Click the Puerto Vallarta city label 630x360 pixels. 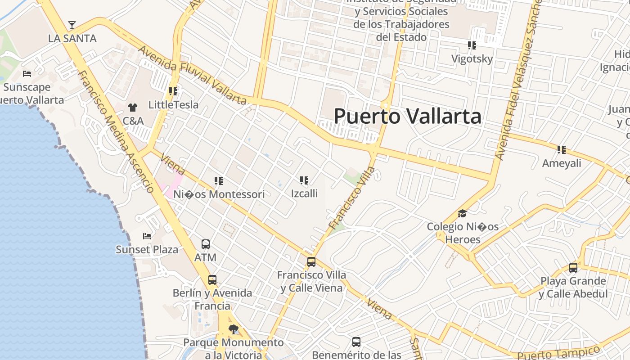coord(407,116)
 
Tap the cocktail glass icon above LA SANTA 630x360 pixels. coord(72,25)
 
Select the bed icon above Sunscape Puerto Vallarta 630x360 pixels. coord(27,73)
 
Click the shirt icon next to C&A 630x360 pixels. coord(132,107)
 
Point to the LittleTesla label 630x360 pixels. coord(173,105)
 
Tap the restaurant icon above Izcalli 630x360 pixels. coord(304,180)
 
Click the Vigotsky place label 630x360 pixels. coord(472,59)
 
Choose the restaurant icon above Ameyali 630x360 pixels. coord(561,149)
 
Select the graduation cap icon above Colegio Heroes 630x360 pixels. coord(462,213)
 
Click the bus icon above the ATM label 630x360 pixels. coord(206,244)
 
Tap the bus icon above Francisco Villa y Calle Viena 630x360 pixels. coord(311,262)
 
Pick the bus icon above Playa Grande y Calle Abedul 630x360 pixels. coord(573,268)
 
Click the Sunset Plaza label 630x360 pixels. coord(147,249)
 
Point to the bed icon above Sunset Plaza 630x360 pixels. coord(147,236)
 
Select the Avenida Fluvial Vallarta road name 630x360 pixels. coord(193,76)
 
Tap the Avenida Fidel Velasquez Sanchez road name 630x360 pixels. coord(517,81)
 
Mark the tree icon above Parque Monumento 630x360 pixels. coord(233,329)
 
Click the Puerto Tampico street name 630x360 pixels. coord(558,353)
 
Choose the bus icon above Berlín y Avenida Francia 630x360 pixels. coord(212,280)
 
